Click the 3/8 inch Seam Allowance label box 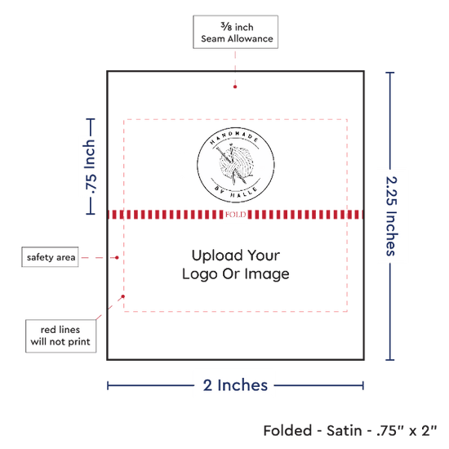235,32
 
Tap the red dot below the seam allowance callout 235,87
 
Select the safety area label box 50,257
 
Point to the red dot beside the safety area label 117,258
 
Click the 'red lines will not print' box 60,336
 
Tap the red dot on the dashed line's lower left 122,296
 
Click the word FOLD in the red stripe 235,215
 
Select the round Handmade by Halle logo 236,165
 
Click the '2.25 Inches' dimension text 391,216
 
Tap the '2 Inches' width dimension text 235,385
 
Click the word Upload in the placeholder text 216,256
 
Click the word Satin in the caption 345,431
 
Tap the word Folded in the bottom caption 288,431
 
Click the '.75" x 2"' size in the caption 407,431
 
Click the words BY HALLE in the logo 236,193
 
